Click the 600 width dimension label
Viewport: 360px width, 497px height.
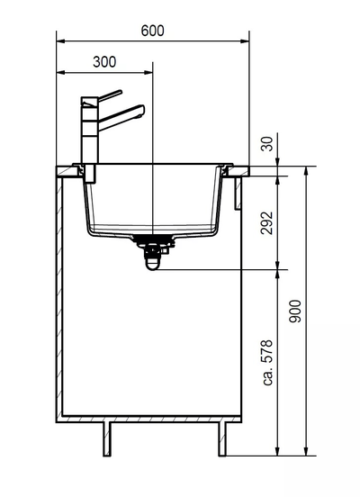click(153, 30)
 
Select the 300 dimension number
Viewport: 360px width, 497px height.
click(104, 62)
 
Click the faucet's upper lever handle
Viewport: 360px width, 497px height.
click(109, 95)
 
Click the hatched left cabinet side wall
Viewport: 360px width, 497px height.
click(58, 297)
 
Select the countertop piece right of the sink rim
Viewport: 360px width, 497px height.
click(241, 168)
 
